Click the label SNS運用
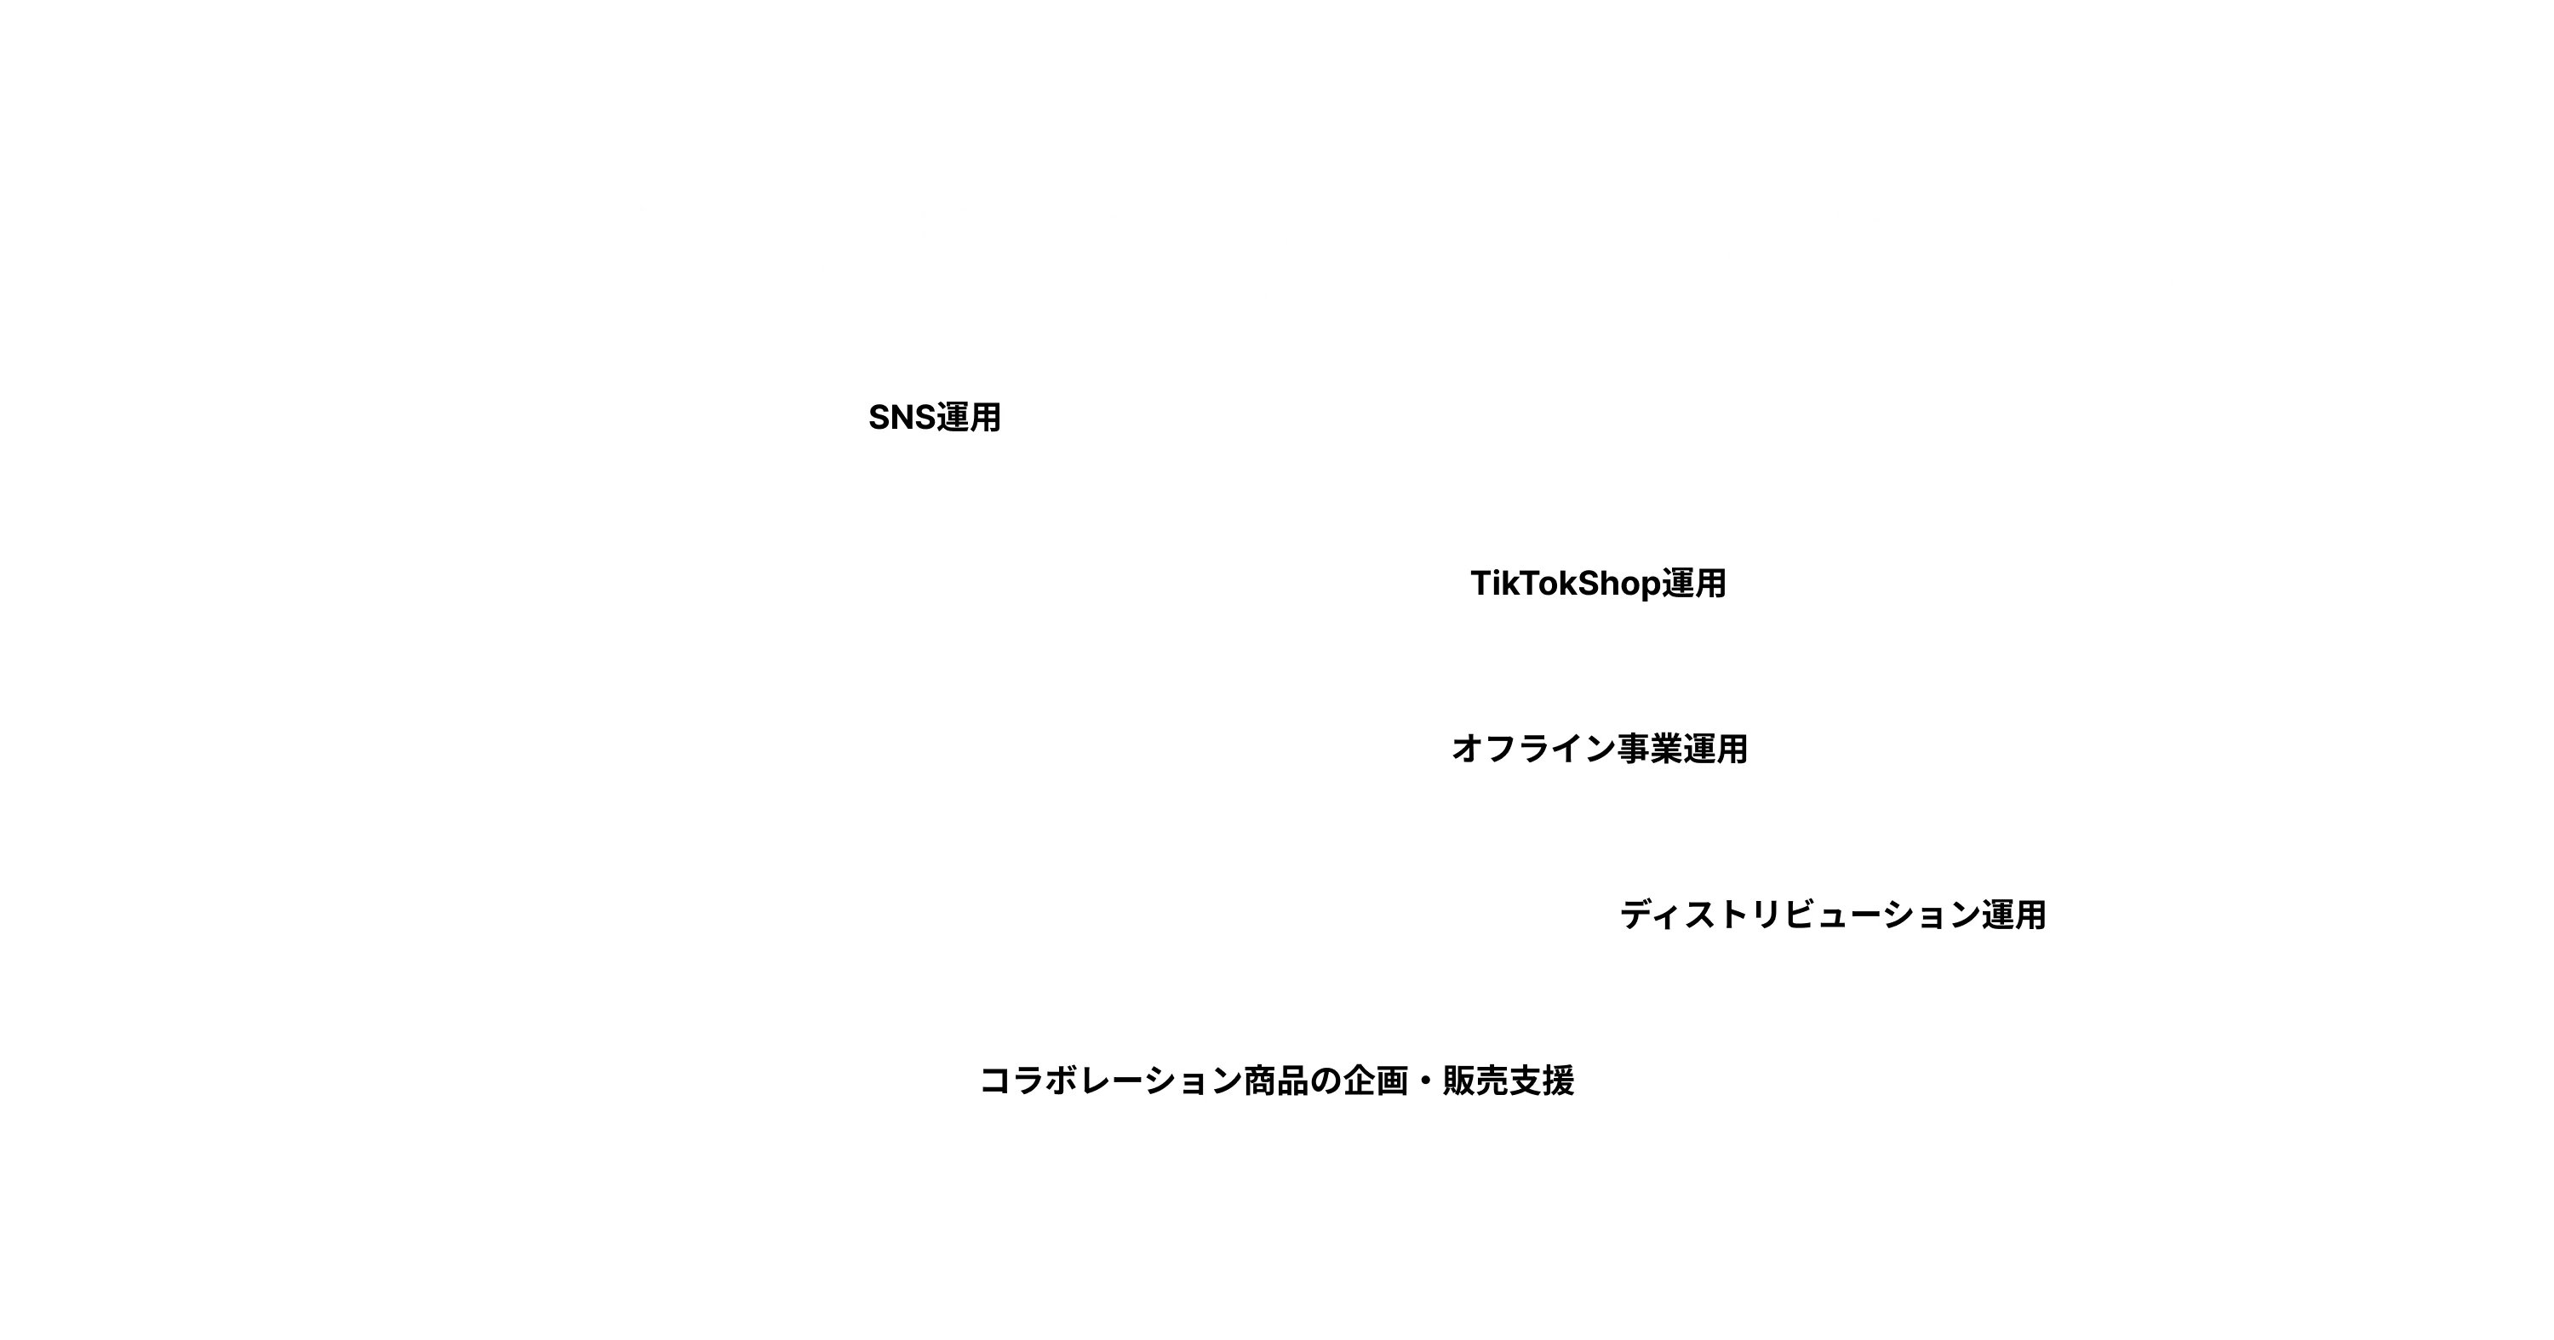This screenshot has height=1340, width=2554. tap(934, 417)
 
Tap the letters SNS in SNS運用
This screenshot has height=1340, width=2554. tap(902, 417)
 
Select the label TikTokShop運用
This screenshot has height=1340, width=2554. tap(1598, 583)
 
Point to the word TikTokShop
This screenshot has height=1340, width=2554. tap(1566, 584)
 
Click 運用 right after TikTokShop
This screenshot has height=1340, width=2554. tap(1694, 583)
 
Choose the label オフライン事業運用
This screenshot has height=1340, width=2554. tap(1599, 749)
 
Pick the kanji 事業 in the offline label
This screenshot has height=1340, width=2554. tap(1649, 749)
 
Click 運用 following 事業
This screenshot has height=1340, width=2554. tap(1715, 749)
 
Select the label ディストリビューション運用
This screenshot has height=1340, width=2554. tap(1833, 914)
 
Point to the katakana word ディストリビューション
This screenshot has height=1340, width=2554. tap(1801, 914)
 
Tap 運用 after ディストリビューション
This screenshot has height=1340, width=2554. tap(2013, 914)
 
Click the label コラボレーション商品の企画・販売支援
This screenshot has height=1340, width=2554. tap(1277, 1080)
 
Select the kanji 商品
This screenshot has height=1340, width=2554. tap(1276, 1080)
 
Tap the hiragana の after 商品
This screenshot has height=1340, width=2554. tap(1326, 1081)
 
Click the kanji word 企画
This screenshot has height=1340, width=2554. tap(1375, 1080)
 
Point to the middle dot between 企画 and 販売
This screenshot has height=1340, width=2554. tap(1426, 1081)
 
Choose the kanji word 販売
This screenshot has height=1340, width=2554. tap(1475, 1080)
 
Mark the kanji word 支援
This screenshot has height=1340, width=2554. tap(1542, 1080)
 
